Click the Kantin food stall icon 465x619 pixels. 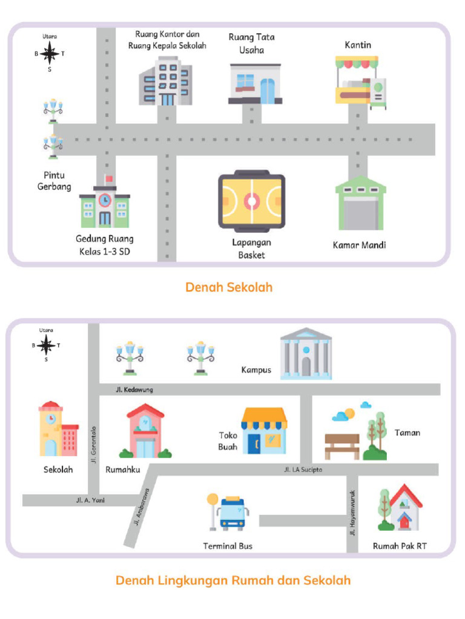(360, 82)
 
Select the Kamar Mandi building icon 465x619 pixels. (360, 204)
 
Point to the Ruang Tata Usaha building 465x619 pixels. (255, 83)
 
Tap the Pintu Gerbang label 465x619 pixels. (54, 181)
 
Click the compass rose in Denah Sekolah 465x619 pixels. (50, 54)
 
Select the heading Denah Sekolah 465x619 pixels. (229, 287)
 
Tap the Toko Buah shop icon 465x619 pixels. (264, 430)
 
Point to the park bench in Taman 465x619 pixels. (341, 446)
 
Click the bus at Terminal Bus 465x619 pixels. (233, 514)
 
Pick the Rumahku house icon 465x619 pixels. (145, 432)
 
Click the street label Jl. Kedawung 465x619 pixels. (134, 390)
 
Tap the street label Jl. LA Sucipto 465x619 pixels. (303, 470)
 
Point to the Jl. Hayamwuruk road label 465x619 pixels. (352, 513)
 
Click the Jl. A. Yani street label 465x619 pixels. (90, 501)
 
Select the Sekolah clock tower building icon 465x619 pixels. (58, 429)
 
